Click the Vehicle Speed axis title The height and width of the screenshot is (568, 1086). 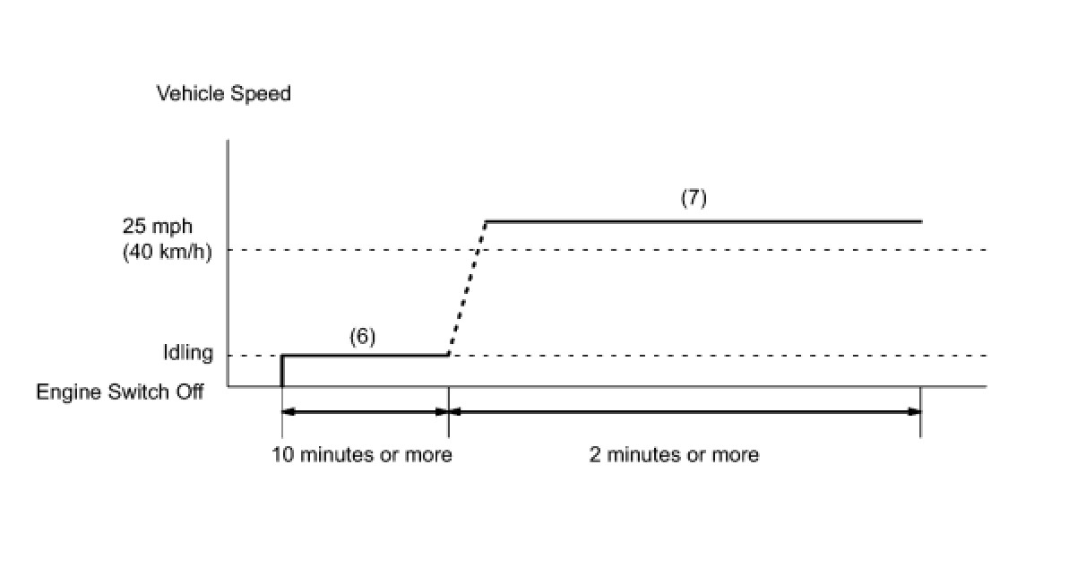[224, 93]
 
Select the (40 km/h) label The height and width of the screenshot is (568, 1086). [167, 252]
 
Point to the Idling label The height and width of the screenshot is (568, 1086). [188, 353]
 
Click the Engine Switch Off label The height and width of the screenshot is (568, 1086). [120, 392]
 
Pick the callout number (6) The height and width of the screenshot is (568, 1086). [362, 337]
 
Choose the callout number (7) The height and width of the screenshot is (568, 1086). [694, 198]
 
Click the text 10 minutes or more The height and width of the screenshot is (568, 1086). [362, 455]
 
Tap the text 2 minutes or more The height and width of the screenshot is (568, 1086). [674, 455]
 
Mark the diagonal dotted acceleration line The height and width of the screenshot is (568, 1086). [467, 288]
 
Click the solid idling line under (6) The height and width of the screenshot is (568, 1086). [366, 356]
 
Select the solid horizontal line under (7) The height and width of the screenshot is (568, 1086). [702, 220]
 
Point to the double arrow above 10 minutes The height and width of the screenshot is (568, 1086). [365, 412]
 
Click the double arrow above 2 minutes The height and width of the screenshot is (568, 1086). [685, 412]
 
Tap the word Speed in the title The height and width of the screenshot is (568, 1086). [262, 93]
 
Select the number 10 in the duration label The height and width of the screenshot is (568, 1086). [282, 455]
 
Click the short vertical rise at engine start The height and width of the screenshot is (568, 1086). [282, 371]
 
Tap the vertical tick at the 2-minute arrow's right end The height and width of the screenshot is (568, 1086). [921, 412]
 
